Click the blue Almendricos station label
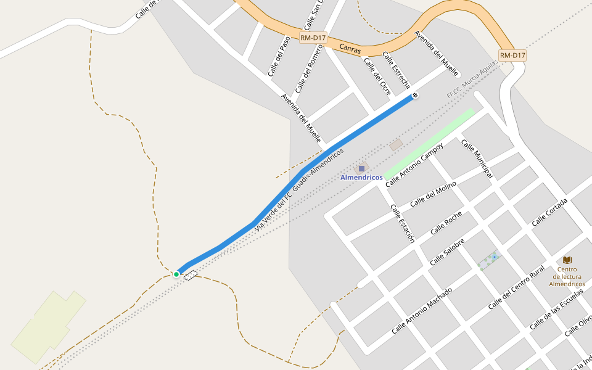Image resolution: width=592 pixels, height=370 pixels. point(361,178)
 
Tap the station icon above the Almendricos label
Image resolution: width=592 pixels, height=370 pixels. point(361,168)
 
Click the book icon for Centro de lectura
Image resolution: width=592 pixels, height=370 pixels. point(567,260)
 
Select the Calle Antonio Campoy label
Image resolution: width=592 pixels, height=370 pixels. point(414,165)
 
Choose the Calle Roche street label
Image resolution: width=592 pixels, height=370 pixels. point(446,223)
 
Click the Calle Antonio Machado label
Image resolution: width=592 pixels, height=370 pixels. point(422,311)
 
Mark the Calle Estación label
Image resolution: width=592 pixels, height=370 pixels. point(402,223)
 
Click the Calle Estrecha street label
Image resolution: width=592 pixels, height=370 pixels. point(396,70)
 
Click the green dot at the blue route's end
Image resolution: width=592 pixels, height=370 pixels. point(176,274)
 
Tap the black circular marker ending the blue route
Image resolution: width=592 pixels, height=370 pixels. point(415,96)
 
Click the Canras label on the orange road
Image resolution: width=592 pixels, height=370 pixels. point(350,47)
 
